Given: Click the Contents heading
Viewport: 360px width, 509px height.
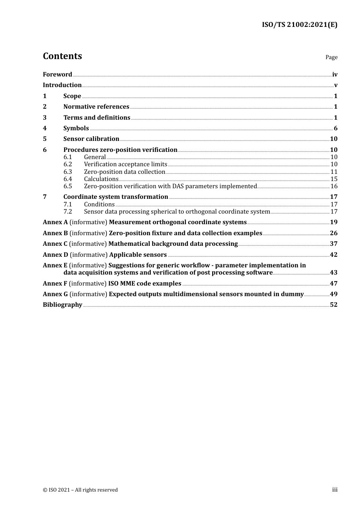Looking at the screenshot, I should point(62,56).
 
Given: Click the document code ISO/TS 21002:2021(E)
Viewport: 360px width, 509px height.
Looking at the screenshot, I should point(299,25).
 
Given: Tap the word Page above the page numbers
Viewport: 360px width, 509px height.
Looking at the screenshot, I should point(331,57).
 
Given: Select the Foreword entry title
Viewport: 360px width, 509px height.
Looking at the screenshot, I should point(57,74).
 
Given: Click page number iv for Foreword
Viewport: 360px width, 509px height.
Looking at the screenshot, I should point(335,75).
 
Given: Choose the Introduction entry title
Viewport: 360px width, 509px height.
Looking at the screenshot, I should point(62,85).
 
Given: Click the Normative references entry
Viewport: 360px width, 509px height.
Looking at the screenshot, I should point(96,107).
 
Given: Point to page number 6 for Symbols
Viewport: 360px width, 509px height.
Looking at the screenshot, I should point(335,128).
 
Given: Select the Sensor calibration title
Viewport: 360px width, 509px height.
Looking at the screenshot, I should point(91,139).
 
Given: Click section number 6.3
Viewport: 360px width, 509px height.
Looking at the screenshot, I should point(67,172).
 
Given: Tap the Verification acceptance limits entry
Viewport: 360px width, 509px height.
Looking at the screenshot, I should point(125,164).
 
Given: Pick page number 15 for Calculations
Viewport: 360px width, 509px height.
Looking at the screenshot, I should point(334,179).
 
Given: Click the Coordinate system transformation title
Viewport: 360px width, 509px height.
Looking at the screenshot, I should point(116,197).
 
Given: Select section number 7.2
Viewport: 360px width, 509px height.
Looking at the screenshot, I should point(67,212).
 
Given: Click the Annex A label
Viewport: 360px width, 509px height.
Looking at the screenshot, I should point(55,222).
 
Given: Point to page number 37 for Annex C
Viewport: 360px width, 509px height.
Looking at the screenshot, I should point(333,244).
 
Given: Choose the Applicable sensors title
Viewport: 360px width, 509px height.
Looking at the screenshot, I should point(138,255).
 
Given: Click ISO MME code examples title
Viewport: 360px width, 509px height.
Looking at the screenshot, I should point(145,284).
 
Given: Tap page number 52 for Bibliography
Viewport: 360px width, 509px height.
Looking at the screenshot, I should point(333,305).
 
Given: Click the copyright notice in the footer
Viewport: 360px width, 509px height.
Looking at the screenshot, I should point(80,490).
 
